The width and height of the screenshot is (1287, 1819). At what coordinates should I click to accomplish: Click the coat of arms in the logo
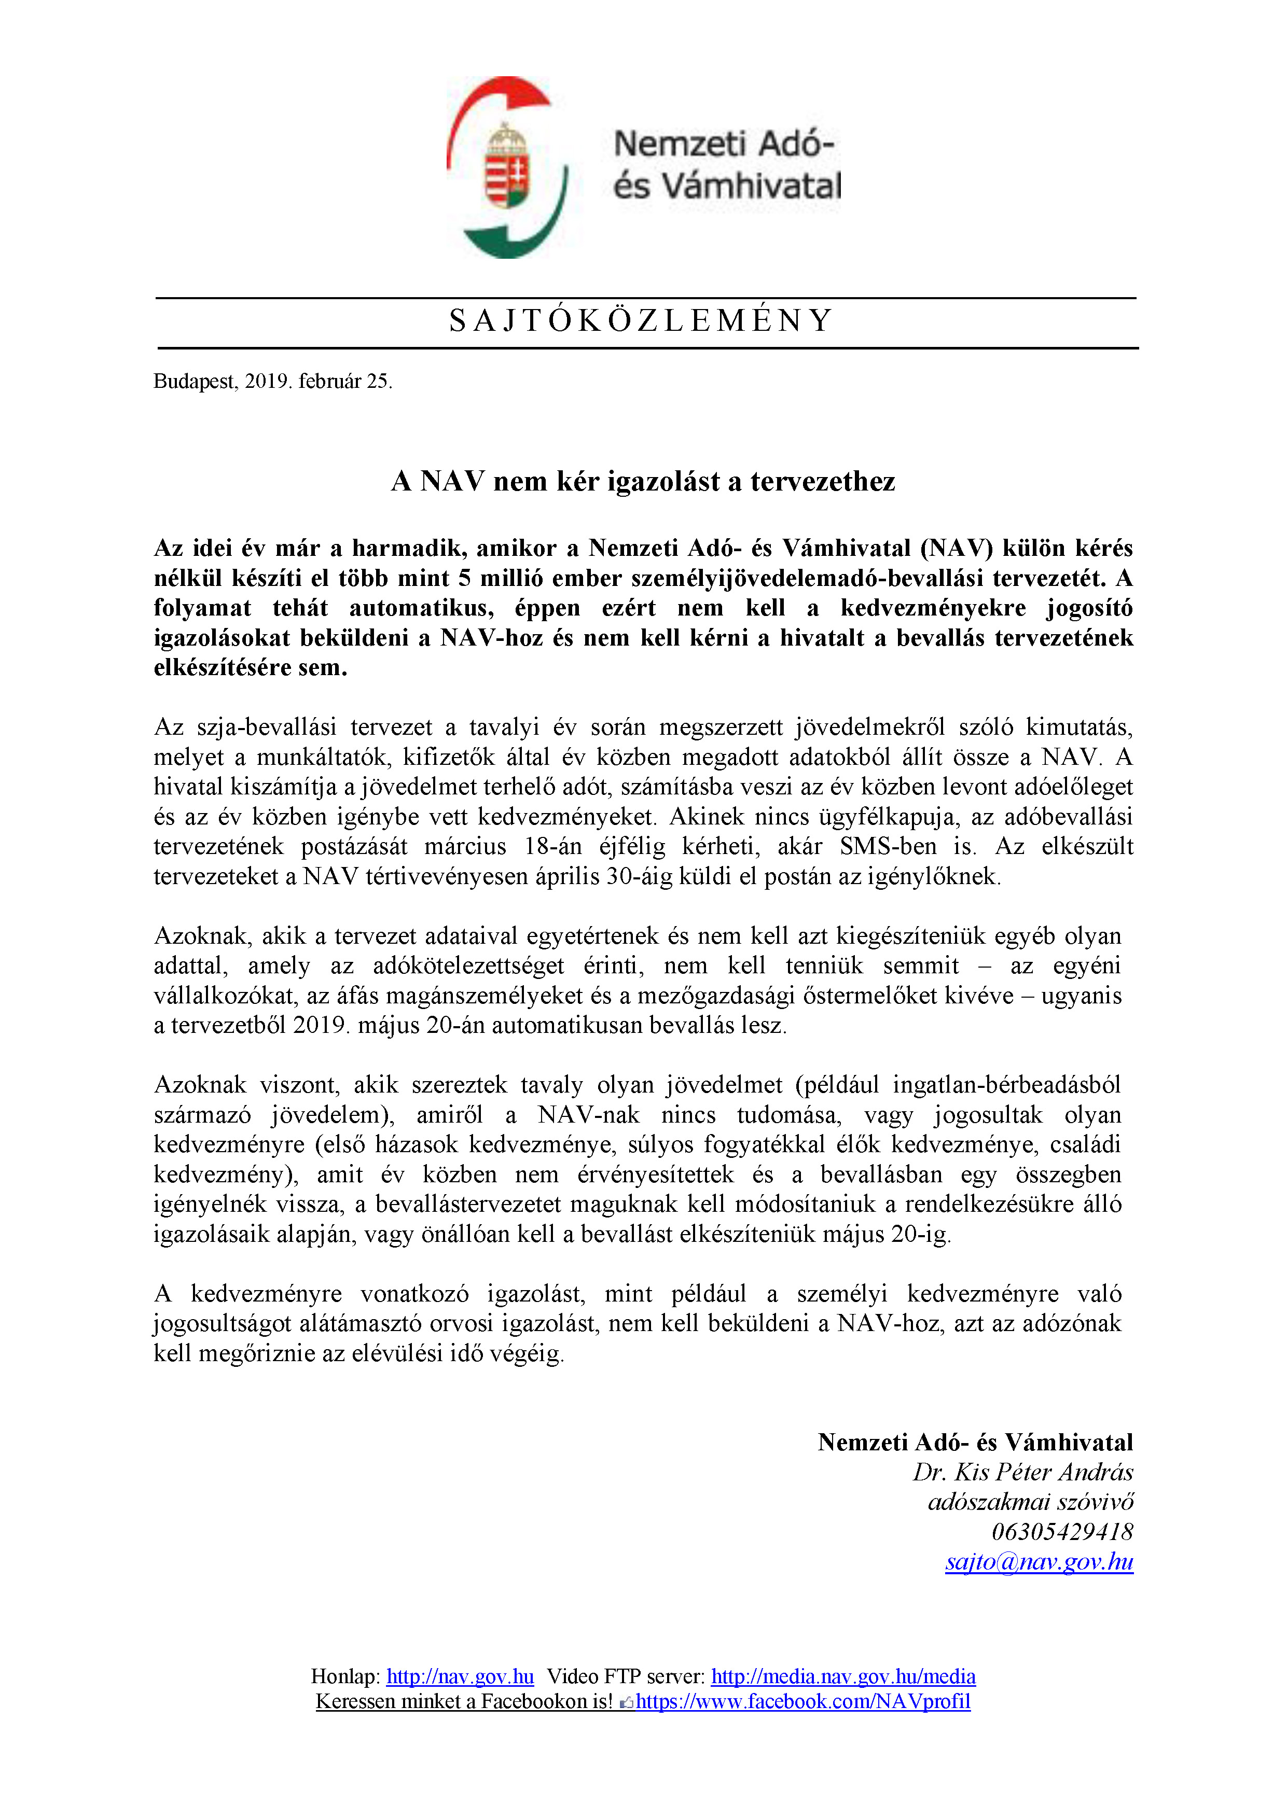coord(507,166)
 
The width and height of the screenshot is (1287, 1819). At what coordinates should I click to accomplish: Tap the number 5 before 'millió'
coord(464,578)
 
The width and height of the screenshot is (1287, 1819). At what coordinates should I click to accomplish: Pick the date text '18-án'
coord(552,847)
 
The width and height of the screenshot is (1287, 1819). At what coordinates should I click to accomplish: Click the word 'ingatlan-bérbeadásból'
coord(1006,1085)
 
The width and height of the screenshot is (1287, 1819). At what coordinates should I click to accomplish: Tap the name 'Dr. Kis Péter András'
coord(1022,1472)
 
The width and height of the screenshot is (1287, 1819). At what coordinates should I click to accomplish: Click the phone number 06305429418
coord(1062,1531)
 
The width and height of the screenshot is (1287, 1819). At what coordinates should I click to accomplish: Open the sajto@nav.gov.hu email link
coord(1039,1561)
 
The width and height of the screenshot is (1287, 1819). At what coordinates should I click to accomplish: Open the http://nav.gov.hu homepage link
coord(460,1676)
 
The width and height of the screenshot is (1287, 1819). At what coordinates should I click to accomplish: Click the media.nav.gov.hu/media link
coord(842,1676)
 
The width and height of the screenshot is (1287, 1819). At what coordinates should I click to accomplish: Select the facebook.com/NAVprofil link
coord(803,1701)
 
